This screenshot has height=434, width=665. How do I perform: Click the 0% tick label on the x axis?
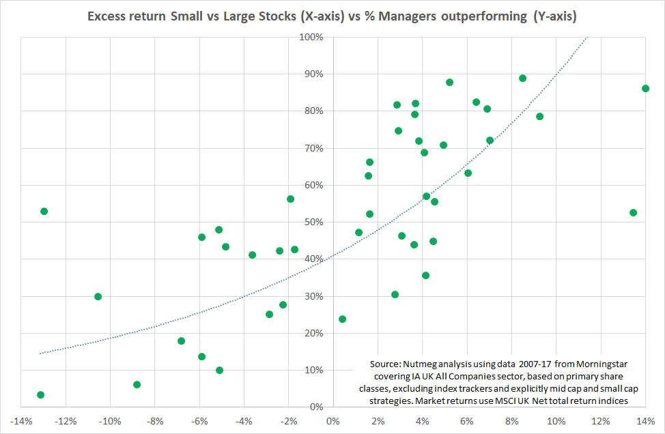332,420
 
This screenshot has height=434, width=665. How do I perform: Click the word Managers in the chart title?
414,16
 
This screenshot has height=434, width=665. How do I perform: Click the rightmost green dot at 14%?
645,88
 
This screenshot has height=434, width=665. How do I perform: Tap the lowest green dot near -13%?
40,394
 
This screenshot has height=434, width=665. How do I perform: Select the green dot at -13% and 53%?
44,211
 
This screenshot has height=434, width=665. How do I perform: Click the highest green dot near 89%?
522,78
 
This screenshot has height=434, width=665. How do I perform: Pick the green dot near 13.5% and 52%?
633,212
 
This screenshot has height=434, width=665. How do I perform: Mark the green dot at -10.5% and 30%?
98,296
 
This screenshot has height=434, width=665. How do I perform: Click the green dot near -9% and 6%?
137,384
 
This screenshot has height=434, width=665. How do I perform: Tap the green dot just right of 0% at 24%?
342,319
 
